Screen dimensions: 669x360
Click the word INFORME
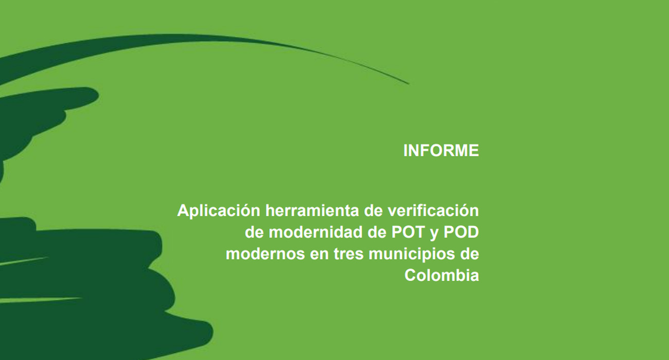click(441, 151)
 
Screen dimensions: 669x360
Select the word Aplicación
click(219, 211)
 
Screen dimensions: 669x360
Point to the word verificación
click(433, 210)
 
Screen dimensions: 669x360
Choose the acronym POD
click(461, 232)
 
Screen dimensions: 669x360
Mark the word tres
click(349, 255)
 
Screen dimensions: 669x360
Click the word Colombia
click(442, 275)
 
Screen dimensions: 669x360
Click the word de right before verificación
click(373, 211)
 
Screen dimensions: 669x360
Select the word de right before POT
click(377, 232)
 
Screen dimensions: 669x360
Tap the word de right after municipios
click(469, 254)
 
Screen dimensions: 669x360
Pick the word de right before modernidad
click(254, 232)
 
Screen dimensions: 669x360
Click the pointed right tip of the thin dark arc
click(409, 84)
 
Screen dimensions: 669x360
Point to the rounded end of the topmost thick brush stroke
click(96, 95)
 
